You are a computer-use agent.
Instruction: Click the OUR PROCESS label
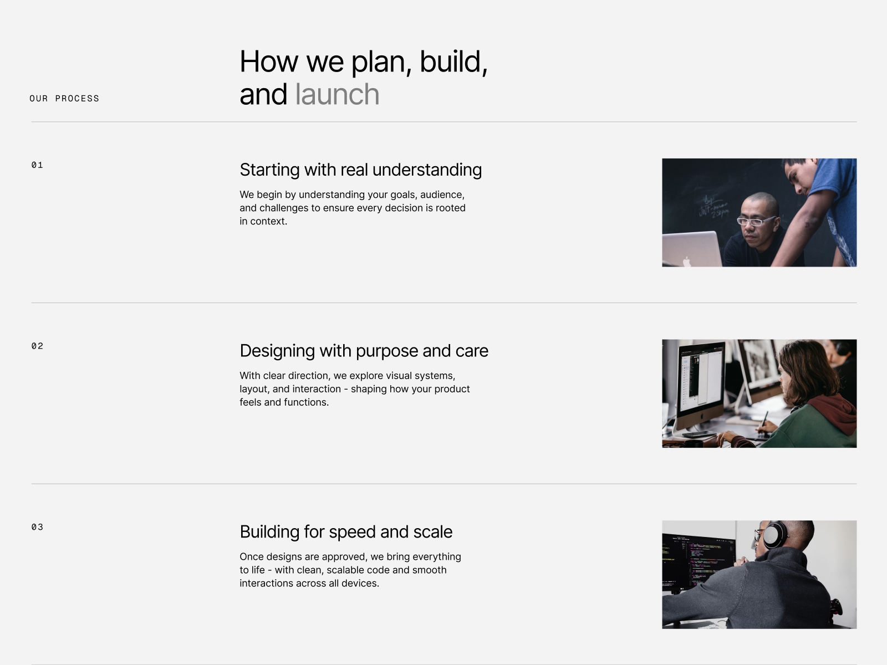64,99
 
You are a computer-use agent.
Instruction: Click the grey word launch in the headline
338,94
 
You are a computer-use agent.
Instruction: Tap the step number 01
37,165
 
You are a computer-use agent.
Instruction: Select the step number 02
37,346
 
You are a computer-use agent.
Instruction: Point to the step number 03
37,527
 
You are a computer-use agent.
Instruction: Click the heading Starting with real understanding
360,170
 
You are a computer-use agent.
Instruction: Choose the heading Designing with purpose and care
364,351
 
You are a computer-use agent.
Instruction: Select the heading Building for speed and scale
346,532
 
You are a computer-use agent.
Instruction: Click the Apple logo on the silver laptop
686,262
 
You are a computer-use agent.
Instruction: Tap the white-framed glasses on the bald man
756,221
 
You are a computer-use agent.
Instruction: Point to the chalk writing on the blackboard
714,206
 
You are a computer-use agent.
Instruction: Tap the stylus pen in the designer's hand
764,421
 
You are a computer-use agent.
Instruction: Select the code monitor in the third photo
699,561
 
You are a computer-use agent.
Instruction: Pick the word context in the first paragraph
268,221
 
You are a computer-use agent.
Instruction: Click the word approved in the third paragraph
344,557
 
